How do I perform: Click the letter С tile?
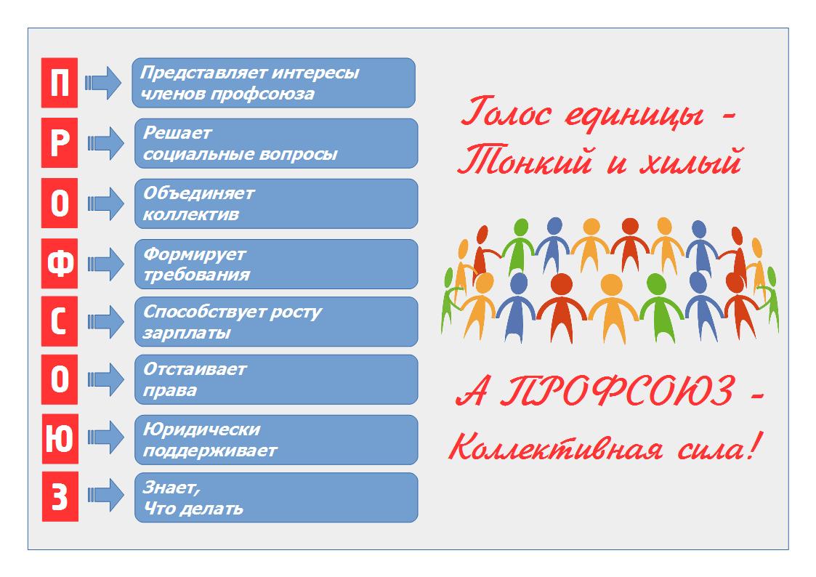pos(60,323)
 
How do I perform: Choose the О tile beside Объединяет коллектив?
pos(60,204)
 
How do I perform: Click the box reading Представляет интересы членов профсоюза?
pos(273,84)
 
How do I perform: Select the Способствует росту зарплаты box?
pos(276,322)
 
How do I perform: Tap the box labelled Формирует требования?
pos(276,265)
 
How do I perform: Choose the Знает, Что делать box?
pos(276,498)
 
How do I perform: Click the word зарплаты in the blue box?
pos(187,334)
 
